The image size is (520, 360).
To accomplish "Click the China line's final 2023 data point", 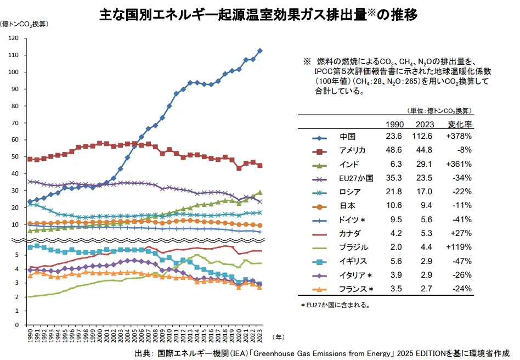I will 260,50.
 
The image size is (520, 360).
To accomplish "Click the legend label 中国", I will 348,137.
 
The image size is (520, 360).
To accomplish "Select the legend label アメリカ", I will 353,150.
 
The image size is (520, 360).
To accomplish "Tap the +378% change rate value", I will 460,137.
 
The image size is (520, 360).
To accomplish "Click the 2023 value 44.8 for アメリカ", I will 425,150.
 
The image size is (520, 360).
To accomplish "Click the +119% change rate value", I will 460,248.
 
